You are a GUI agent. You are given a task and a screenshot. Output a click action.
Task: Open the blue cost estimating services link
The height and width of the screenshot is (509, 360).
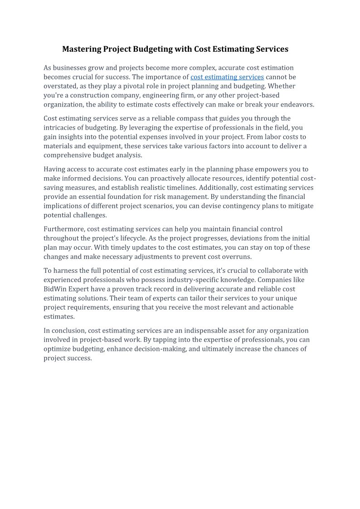[x=227, y=77]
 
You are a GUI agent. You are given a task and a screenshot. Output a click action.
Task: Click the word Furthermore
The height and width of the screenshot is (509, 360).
[x=64, y=229]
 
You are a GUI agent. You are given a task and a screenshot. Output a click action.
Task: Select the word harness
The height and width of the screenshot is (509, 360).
[x=65, y=271]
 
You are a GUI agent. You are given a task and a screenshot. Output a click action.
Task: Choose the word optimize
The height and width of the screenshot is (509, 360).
[x=58, y=349]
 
